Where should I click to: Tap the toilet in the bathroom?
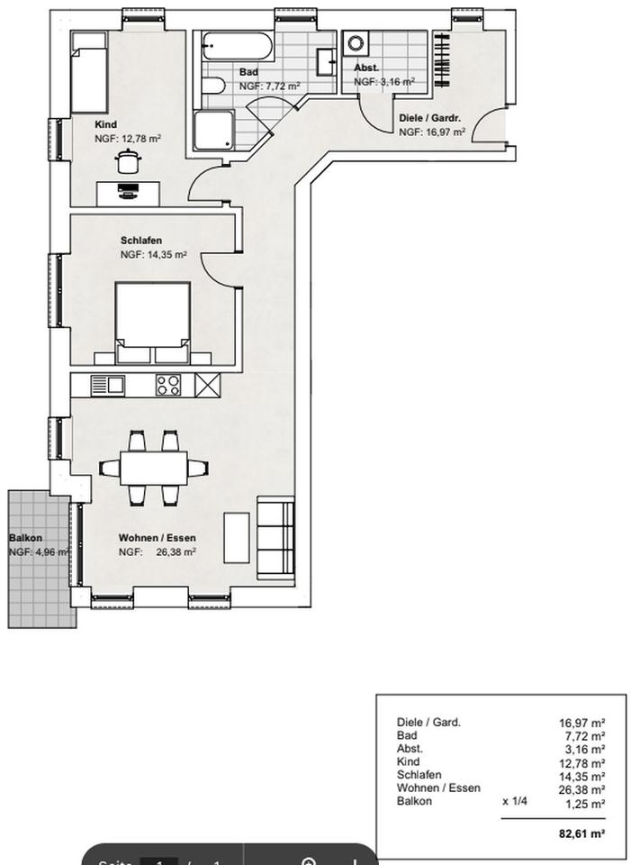click(x=213, y=86)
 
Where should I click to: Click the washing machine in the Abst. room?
click(x=356, y=43)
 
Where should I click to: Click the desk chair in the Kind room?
click(x=126, y=160)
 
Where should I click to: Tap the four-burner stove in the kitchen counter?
click(x=167, y=385)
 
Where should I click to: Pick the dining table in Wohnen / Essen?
click(x=153, y=468)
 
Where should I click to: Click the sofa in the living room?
click(x=275, y=538)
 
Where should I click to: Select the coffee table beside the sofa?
click(x=237, y=537)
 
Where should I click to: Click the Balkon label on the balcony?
click(x=25, y=538)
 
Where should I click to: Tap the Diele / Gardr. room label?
click(x=430, y=118)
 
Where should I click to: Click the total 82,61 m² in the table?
click(x=581, y=833)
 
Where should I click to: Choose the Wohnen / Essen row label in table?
click(x=438, y=788)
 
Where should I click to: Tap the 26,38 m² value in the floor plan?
click(x=176, y=552)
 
